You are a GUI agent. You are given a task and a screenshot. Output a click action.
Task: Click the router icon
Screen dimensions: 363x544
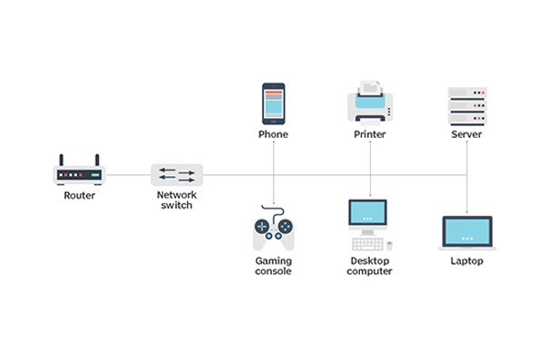point(80,171)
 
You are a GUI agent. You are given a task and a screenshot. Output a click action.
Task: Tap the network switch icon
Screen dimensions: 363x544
point(177,174)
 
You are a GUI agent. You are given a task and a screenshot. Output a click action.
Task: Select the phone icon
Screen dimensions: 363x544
point(273,103)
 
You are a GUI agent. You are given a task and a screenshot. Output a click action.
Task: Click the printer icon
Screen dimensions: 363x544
point(370,103)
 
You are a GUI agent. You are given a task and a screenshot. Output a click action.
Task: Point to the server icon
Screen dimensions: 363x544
point(467,105)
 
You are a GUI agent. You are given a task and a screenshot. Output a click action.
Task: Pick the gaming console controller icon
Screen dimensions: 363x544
point(273,231)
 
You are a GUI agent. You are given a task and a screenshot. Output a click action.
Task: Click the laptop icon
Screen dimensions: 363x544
point(467,232)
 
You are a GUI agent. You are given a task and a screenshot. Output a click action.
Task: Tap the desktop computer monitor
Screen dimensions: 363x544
point(368,215)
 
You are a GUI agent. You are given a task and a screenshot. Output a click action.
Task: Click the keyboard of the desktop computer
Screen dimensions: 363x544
point(367,243)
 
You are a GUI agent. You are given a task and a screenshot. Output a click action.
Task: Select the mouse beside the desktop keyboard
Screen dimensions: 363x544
point(389,244)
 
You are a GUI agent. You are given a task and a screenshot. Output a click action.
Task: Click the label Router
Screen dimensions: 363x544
point(80,195)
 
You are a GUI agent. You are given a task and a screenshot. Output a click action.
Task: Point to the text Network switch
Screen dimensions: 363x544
point(177,200)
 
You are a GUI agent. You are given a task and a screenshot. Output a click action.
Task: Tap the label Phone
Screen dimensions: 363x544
point(273,134)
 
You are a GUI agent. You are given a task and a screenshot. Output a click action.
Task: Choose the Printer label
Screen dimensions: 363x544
point(370,134)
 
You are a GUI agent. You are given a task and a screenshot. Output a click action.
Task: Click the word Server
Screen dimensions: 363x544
point(467,134)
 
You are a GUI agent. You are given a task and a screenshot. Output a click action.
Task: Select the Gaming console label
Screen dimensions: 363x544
point(273,266)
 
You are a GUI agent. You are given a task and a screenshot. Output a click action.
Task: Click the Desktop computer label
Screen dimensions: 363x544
point(370,266)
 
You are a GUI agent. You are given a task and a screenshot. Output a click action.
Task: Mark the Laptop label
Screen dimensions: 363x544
point(467,261)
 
